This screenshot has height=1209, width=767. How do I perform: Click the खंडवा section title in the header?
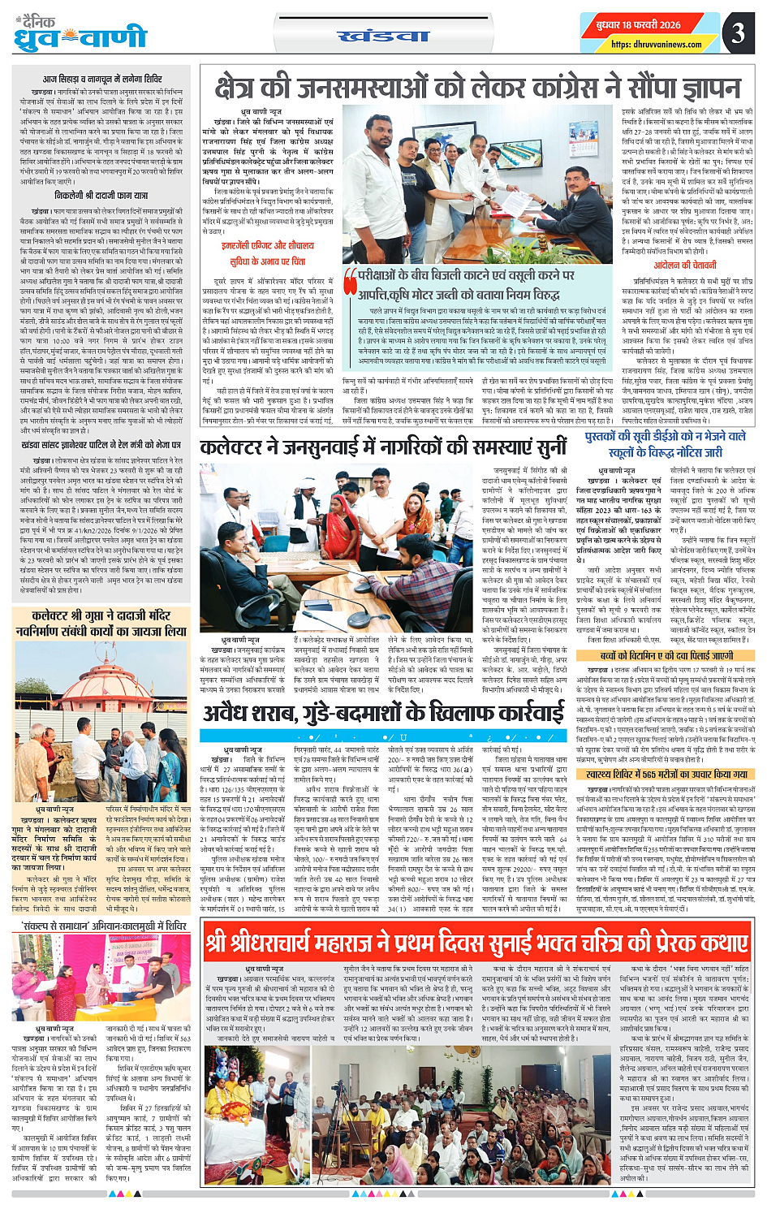(x=382, y=37)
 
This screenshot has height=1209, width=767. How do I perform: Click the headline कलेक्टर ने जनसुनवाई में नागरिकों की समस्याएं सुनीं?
(x=383, y=447)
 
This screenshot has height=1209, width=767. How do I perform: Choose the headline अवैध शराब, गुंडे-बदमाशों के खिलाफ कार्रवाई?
(x=383, y=713)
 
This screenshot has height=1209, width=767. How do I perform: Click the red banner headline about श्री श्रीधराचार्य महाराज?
(x=478, y=942)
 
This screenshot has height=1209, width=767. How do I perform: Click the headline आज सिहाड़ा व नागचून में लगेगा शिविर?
(x=102, y=80)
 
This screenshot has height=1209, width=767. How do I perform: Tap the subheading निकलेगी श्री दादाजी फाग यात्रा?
(x=101, y=196)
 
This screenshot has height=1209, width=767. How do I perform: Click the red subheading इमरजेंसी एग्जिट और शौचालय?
(x=267, y=245)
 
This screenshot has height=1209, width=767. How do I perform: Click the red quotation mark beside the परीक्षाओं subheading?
(x=350, y=280)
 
